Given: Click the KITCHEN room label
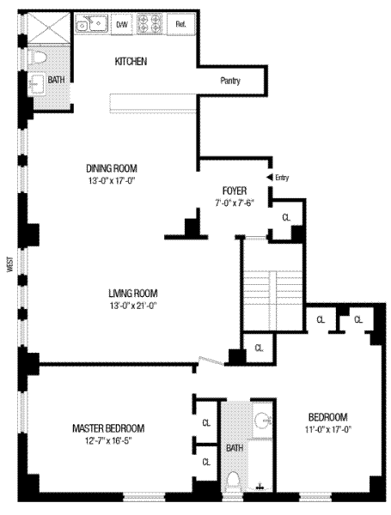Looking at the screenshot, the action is click(x=131, y=62).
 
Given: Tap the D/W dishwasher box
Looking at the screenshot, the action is click(x=122, y=24).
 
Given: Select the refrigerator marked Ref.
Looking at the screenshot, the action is click(x=180, y=24).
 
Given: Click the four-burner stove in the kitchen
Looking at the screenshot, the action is click(x=150, y=24).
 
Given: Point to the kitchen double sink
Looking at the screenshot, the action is click(x=92, y=23).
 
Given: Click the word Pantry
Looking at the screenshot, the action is click(x=230, y=81).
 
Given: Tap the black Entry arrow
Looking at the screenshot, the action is click(x=269, y=178).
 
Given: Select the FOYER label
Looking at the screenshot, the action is click(x=235, y=191).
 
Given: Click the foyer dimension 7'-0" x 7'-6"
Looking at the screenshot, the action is click(x=235, y=203).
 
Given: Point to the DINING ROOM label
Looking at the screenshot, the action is click(x=112, y=168).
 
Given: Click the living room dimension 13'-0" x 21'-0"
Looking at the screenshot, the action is click(x=133, y=306).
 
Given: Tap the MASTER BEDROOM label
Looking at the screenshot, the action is click(x=108, y=428).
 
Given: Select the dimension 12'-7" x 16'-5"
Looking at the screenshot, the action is click(x=108, y=441).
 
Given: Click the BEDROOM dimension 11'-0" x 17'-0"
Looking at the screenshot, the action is click(x=328, y=430).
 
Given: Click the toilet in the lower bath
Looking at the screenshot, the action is click(x=233, y=481).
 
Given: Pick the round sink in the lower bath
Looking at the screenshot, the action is click(x=262, y=420).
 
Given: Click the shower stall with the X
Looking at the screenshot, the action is click(x=48, y=27).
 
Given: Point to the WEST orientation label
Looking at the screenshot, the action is click(x=9, y=264).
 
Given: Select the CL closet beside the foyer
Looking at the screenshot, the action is click(x=286, y=217).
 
